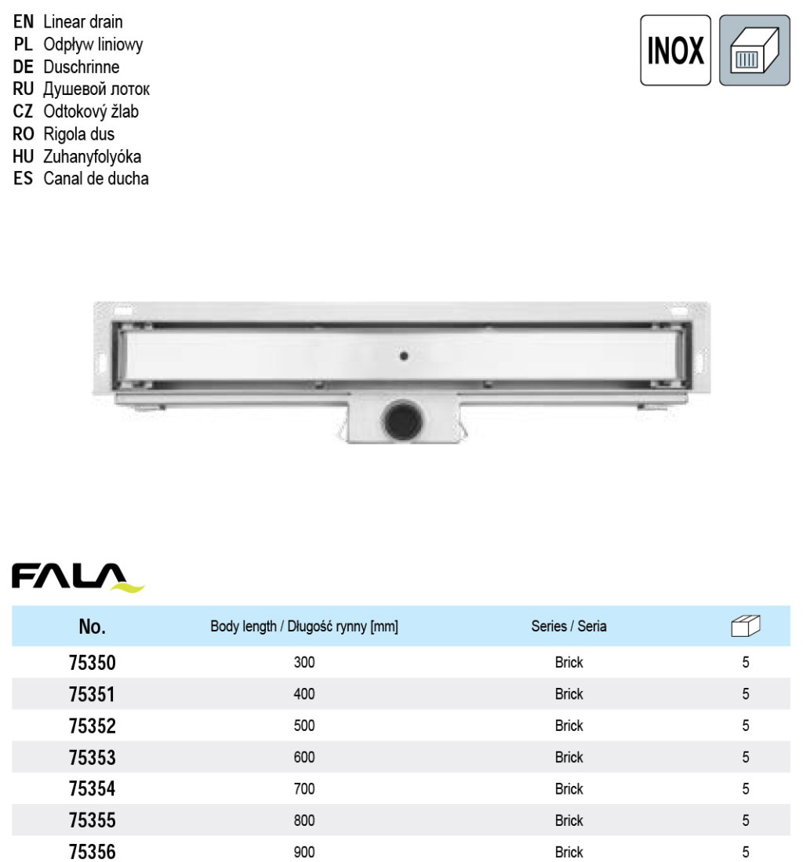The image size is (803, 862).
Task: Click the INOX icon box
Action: point(675,50)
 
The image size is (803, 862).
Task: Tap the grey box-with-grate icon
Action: point(754,50)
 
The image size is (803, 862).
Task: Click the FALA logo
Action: point(78,577)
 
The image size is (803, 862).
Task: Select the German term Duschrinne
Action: point(82,67)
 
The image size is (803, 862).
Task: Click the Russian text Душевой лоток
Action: point(96,89)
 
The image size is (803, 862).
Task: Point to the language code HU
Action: point(23,157)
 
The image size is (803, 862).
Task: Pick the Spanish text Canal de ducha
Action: point(96,179)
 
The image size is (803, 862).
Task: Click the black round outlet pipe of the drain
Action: point(403,420)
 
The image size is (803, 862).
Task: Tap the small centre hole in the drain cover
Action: point(404,356)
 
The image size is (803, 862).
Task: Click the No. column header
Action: point(92,626)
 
